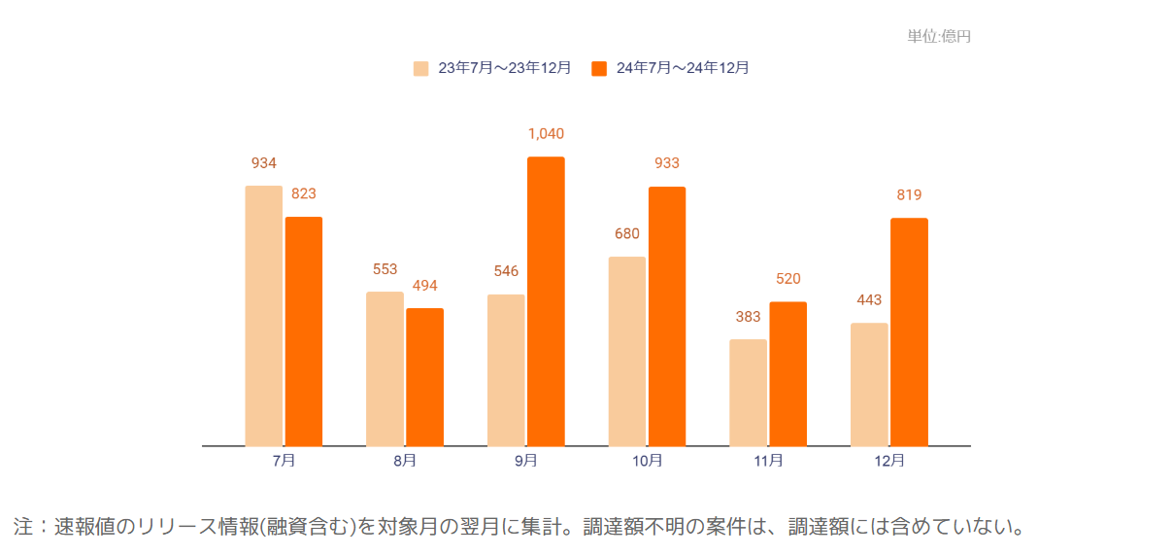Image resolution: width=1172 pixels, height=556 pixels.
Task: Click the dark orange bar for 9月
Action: [x=546, y=301]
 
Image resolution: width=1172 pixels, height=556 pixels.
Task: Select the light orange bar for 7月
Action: [x=263, y=316]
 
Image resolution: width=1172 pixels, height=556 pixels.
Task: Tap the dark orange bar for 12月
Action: [x=909, y=331]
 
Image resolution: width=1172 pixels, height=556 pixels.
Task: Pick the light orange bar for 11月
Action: [x=748, y=393]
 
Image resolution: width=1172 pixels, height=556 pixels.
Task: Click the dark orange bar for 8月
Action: [x=424, y=377]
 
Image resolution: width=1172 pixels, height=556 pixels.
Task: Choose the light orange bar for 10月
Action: [x=627, y=351]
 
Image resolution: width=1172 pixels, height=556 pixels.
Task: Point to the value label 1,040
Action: [x=546, y=134]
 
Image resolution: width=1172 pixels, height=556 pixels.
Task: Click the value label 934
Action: [x=263, y=163]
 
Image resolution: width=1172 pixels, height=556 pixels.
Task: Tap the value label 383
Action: [x=748, y=317]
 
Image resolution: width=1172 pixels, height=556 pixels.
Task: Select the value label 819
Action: [x=909, y=195]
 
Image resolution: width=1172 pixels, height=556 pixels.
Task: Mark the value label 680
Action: [x=627, y=234]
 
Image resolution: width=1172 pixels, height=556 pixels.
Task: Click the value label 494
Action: [x=424, y=286]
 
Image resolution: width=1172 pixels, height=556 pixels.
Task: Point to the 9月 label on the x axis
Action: [x=525, y=461]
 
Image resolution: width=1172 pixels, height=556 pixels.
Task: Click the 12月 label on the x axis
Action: [x=888, y=461]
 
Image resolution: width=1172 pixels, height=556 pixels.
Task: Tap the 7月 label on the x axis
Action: [x=284, y=461]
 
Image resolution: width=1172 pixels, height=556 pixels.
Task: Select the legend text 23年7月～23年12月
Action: [x=504, y=68]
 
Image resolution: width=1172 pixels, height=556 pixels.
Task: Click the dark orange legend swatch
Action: [x=599, y=68]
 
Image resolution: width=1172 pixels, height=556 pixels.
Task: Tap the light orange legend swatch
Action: [x=420, y=68]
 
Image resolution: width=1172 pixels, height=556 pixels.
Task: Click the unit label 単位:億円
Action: [x=939, y=37]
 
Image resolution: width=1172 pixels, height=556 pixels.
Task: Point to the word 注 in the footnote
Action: [x=23, y=527]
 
